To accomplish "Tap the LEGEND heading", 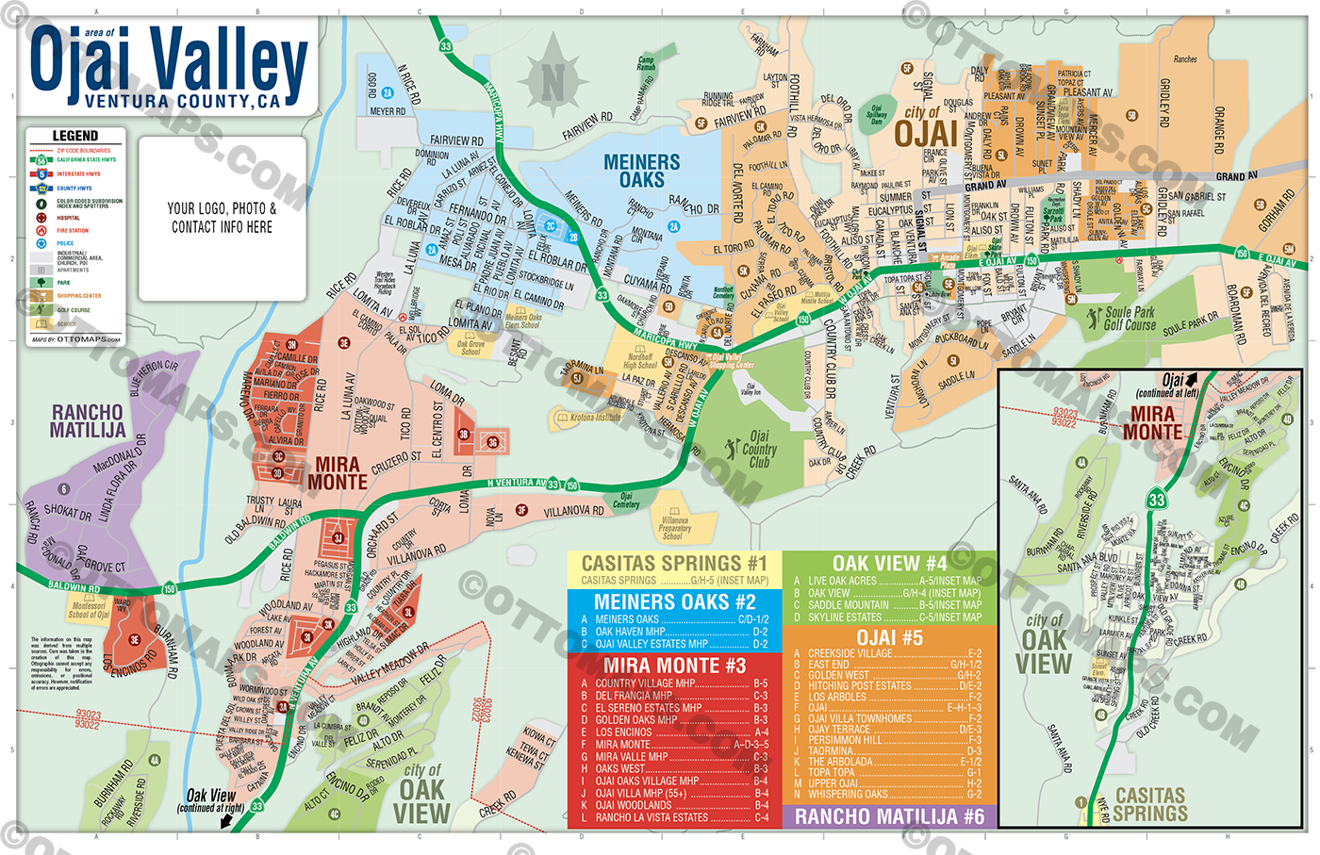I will pos(74,136).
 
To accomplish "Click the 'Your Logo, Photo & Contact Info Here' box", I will pos(222,218).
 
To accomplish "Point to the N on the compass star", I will pos(553,82).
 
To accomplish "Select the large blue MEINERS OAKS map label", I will pos(641,171).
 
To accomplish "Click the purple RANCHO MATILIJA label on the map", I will pos(87,421).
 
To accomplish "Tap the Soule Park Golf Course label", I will pos(1129,319).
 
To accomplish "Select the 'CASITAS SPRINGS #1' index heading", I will pos(673,564).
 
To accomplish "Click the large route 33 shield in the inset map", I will pos(1157,500).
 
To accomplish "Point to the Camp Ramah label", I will pos(646,63).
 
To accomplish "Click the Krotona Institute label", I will pos(595,417).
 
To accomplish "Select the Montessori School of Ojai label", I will pos(89,610).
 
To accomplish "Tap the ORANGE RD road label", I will pos(1219,129).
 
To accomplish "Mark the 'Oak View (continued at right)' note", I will pos(210,800).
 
